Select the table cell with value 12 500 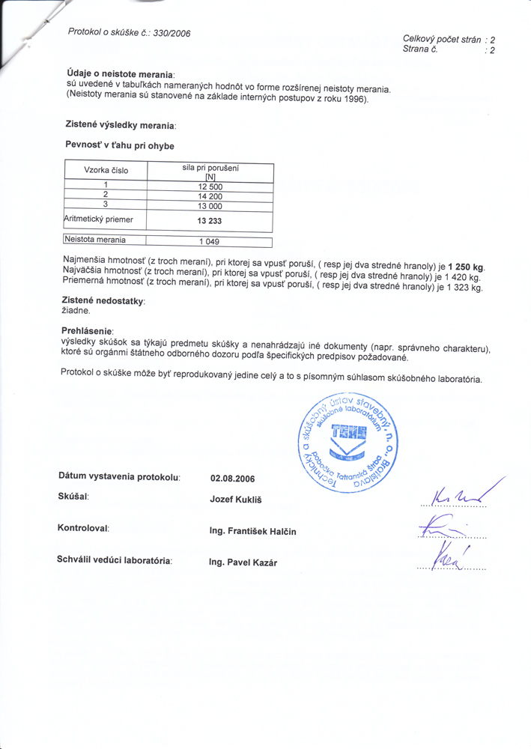tap(210, 187)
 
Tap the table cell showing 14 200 tap(210, 196)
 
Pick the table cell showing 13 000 tap(210, 206)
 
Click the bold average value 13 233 tap(210, 222)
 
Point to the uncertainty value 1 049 tap(210, 241)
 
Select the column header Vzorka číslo tap(106, 170)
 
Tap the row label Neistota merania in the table tap(95, 240)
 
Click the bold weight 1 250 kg tap(465, 267)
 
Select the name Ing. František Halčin tap(253, 532)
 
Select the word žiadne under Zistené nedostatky tap(76, 310)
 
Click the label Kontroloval tap(83, 529)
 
